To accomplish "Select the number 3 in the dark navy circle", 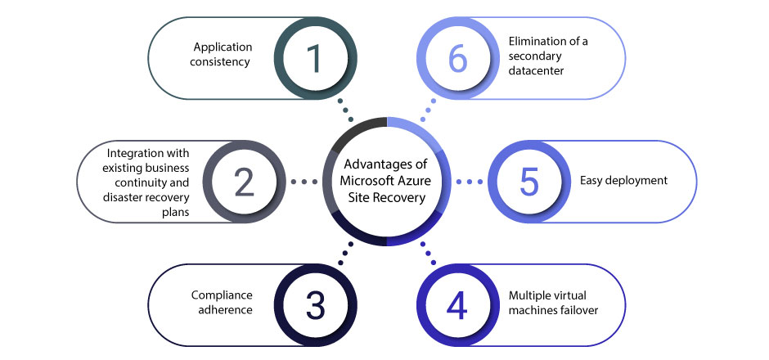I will click(x=314, y=304).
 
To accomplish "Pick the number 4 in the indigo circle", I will click(x=456, y=304).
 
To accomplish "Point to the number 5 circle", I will click(x=528, y=182).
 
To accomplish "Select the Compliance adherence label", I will click(x=222, y=303).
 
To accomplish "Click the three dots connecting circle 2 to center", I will click(x=304, y=181).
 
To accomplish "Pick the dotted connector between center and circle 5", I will click(x=469, y=181).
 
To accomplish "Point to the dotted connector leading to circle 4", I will click(x=427, y=255).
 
